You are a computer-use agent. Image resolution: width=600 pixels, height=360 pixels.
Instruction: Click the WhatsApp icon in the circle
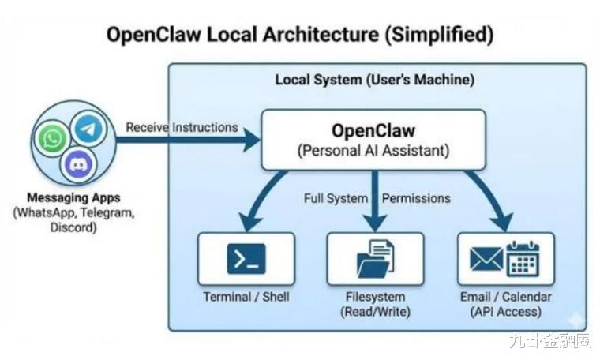[53, 140]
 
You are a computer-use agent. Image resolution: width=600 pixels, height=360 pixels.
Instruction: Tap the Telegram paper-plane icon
[88, 129]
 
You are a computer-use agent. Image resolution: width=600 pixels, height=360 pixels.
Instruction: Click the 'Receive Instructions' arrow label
[182, 127]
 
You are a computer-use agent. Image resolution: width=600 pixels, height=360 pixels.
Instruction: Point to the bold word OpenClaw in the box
[373, 129]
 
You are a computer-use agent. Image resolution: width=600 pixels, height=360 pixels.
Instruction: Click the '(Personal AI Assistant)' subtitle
[373, 151]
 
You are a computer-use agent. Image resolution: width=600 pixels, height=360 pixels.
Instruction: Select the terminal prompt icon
[246, 258]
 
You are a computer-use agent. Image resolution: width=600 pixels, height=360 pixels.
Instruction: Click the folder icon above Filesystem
[375, 258]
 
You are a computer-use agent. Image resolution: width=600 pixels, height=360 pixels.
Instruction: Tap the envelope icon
[486, 259]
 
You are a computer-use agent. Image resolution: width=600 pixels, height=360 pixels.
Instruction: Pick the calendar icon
[522, 258]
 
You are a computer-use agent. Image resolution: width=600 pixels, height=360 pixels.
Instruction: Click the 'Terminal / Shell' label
[246, 297]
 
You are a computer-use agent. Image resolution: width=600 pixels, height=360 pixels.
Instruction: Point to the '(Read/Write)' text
[375, 312]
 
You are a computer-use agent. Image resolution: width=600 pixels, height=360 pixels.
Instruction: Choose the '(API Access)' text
[506, 312]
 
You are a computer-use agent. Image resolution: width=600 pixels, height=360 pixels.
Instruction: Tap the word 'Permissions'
[416, 198]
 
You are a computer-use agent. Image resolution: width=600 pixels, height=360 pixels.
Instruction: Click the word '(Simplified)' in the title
[433, 35]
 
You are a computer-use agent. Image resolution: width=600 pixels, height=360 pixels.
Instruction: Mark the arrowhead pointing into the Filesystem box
[375, 223]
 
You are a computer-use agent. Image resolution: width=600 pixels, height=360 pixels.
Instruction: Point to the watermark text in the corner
[549, 340]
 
